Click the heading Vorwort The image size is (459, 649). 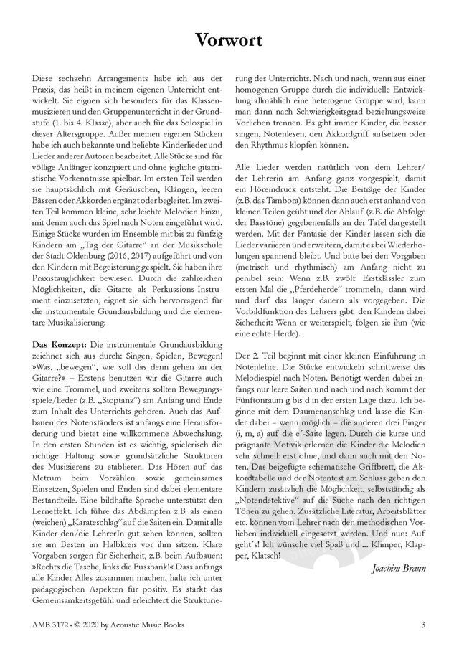pyautogui.click(x=229, y=38)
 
